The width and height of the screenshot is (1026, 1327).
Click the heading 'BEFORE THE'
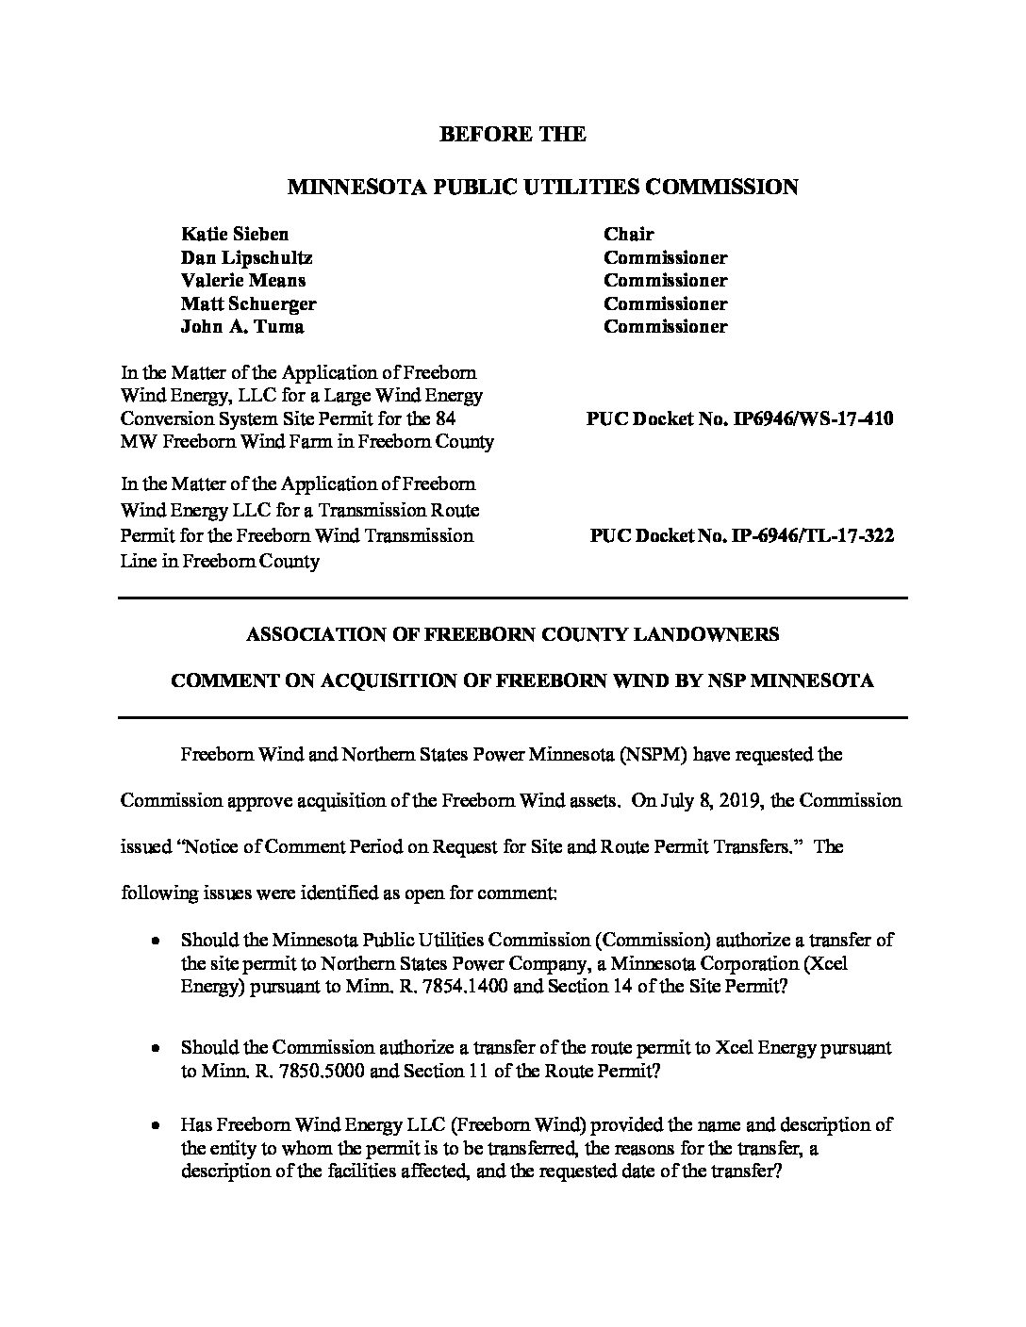[x=512, y=134]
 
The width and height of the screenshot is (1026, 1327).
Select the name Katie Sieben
[x=235, y=234]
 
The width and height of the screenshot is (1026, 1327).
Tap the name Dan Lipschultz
[x=246, y=257]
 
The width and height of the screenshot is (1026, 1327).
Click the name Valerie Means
[x=242, y=280]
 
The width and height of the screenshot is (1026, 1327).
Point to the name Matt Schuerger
[x=248, y=303]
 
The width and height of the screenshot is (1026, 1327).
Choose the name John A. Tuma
[x=242, y=326]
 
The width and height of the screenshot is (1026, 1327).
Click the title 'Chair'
[x=629, y=234]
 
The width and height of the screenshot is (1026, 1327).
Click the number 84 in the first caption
[x=446, y=418]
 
